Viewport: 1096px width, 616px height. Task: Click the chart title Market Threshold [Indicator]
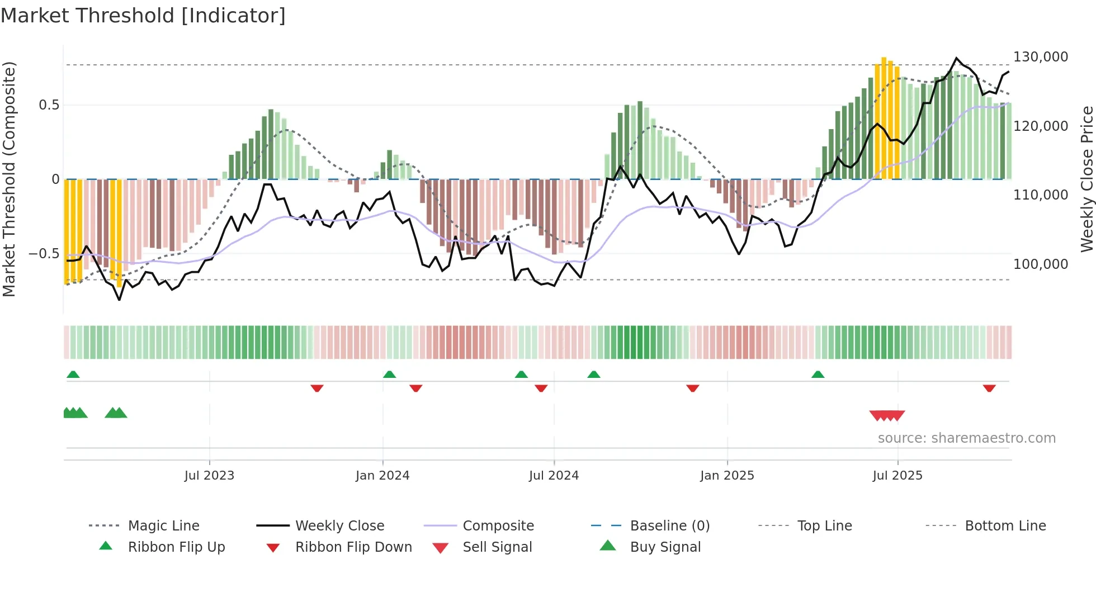[x=143, y=16]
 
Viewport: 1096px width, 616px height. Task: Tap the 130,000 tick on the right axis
[x=1040, y=57]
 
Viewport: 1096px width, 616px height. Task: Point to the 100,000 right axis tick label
[x=1040, y=264]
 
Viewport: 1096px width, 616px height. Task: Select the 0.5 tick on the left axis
[x=49, y=105]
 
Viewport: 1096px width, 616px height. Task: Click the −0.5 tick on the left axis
[x=44, y=254]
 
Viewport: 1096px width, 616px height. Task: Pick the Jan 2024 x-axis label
[x=382, y=476]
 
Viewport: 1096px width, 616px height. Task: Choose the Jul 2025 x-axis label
[x=897, y=476]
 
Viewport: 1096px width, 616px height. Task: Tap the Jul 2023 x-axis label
[x=209, y=476]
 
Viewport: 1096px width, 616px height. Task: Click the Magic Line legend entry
[x=163, y=526]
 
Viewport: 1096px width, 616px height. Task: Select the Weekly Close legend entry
[x=339, y=526]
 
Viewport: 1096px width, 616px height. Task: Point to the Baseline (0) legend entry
[x=669, y=526]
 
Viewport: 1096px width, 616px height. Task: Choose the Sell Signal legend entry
[x=497, y=547]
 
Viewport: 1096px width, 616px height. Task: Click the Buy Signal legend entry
[x=665, y=547]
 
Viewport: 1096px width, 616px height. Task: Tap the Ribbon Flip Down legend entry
[x=353, y=547]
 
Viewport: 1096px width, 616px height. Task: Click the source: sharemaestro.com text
[x=966, y=438]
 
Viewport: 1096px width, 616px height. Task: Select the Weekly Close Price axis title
[x=1086, y=179]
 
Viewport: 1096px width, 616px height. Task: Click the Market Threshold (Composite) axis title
[x=9, y=179]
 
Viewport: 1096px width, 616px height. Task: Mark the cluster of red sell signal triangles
[x=887, y=415]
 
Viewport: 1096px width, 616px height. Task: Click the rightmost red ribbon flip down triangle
[x=989, y=388]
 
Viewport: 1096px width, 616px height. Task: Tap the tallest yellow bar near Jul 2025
[x=884, y=117]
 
